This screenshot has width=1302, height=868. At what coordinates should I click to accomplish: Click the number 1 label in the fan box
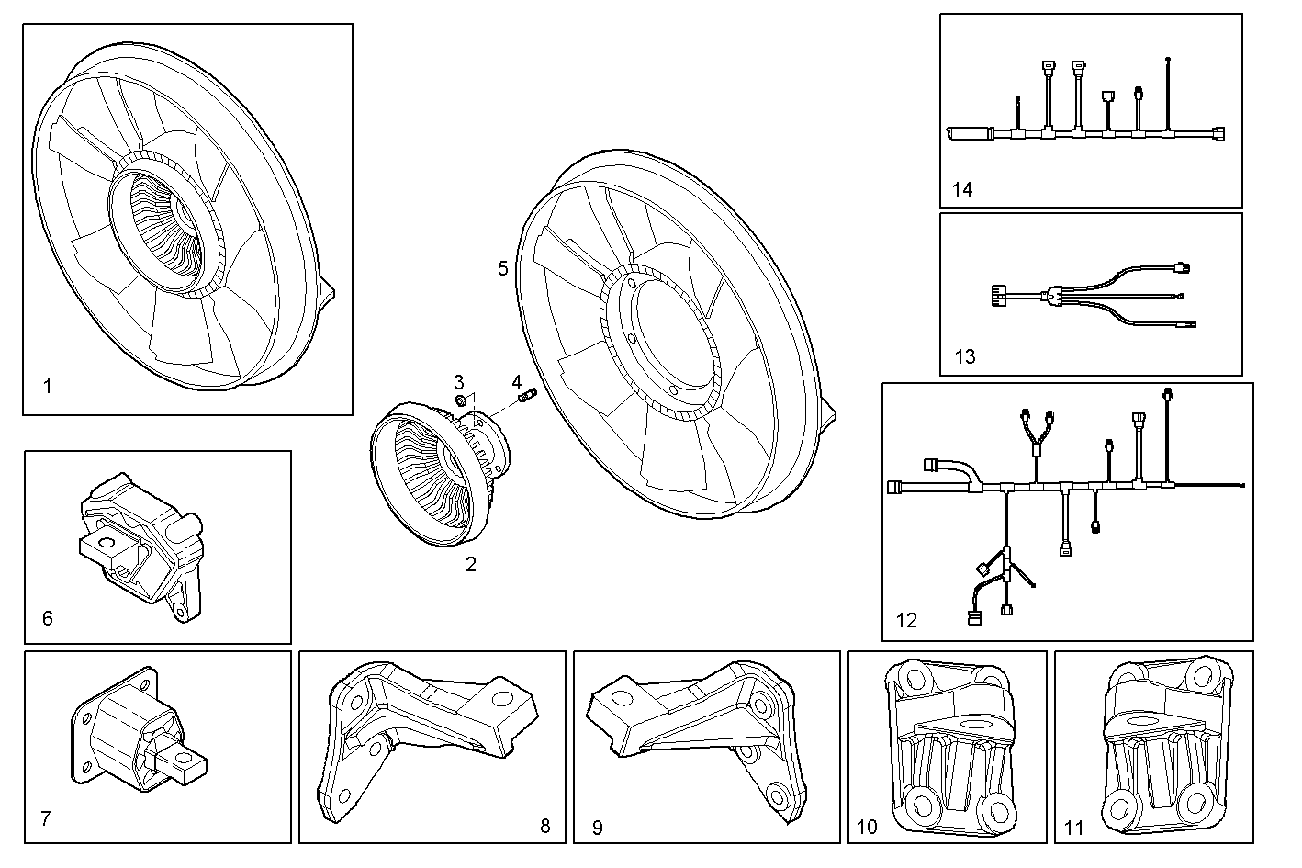(48, 387)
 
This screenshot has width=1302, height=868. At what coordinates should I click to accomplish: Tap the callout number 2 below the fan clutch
(471, 565)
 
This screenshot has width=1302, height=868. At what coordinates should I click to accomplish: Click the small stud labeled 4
(527, 397)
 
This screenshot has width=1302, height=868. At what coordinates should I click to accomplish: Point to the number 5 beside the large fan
(502, 268)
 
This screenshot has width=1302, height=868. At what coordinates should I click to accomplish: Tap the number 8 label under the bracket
(544, 826)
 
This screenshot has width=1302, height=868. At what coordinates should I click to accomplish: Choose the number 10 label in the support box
(866, 827)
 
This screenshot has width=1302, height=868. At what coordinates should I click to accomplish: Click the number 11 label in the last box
(1073, 828)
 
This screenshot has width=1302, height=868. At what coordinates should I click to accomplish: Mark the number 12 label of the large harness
(906, 620)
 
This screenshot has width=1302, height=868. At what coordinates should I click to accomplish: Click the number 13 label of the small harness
(965, 356)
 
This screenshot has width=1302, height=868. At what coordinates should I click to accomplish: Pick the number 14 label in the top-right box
(961, 190)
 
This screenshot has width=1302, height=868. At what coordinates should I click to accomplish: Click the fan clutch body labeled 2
(432, 473)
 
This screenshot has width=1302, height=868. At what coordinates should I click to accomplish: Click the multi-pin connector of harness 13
(996, 296)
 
